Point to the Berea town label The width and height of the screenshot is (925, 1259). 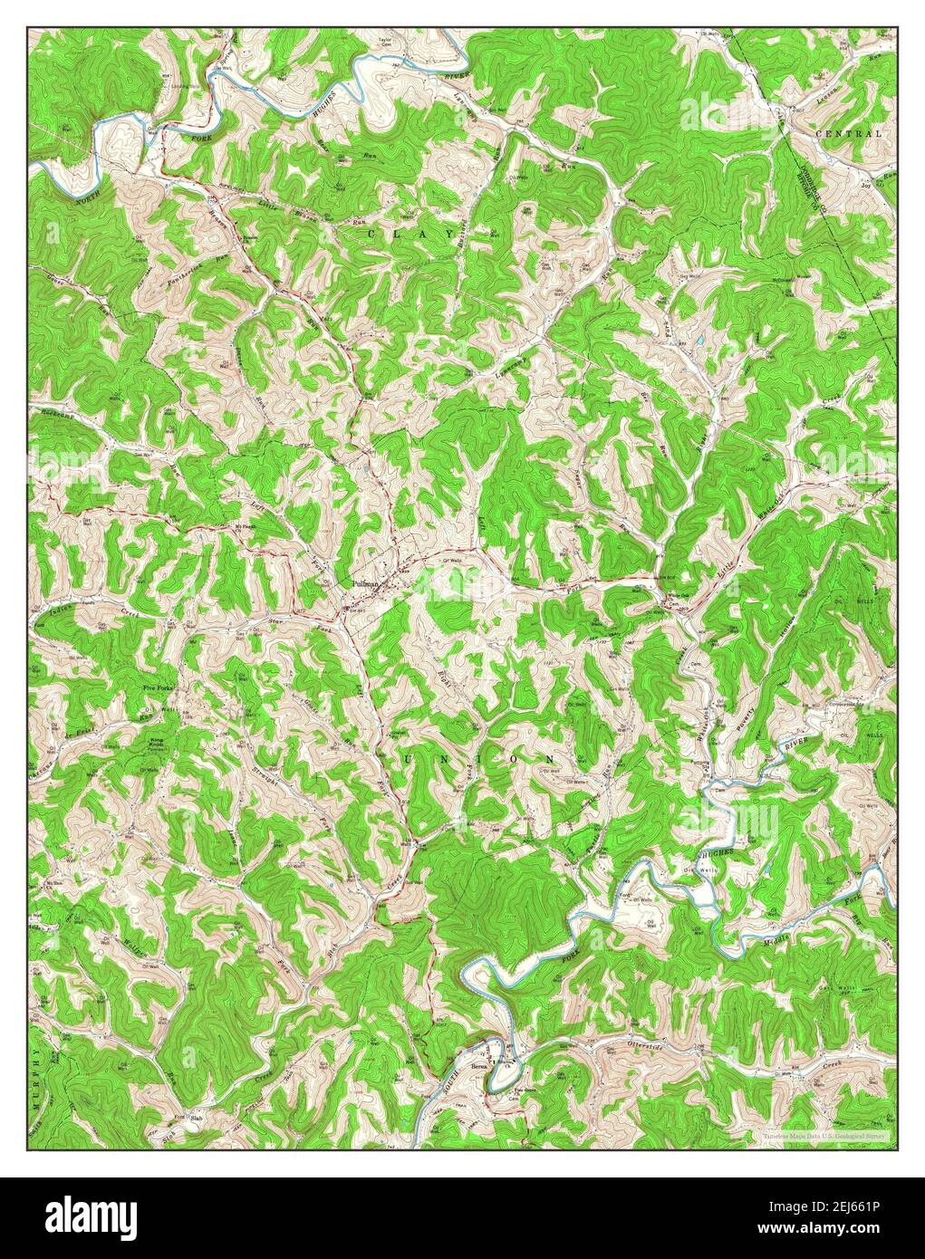click(479, 1068)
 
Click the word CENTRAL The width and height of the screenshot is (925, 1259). click(848, 133)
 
